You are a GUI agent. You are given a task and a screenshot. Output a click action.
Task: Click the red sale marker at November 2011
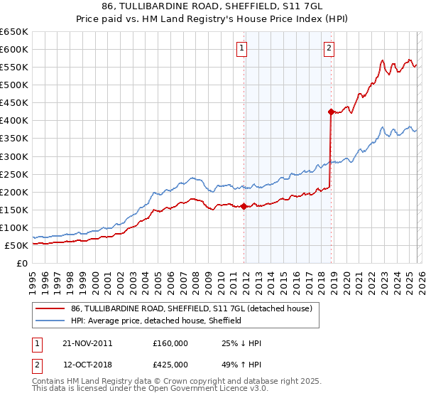pyautogui.click(x=244, y=207)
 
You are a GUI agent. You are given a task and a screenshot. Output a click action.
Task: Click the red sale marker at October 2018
pyautogui.click(x=331, y=112)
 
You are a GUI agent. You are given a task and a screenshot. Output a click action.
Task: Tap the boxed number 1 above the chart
pyautogui.click(x=242, y=48)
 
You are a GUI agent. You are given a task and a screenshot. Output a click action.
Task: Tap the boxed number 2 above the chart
pyautogui.click(x=329, y=48)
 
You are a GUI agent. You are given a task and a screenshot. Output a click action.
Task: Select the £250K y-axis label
pyautogui.click(x=15, y=174)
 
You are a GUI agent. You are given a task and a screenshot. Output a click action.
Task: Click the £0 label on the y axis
pyautogui.click(x=21, y=264)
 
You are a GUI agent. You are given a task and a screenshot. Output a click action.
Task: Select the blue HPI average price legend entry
pyautogui.click(x=156, y=321)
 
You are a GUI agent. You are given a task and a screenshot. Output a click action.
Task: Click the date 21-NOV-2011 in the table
pyautogui.click(x=87, y=343)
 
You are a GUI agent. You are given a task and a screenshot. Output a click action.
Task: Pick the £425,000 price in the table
pyautogui.click(x=170, y=365)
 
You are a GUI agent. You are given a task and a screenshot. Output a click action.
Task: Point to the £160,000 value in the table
pyautogui.click(x=170, y=343)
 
